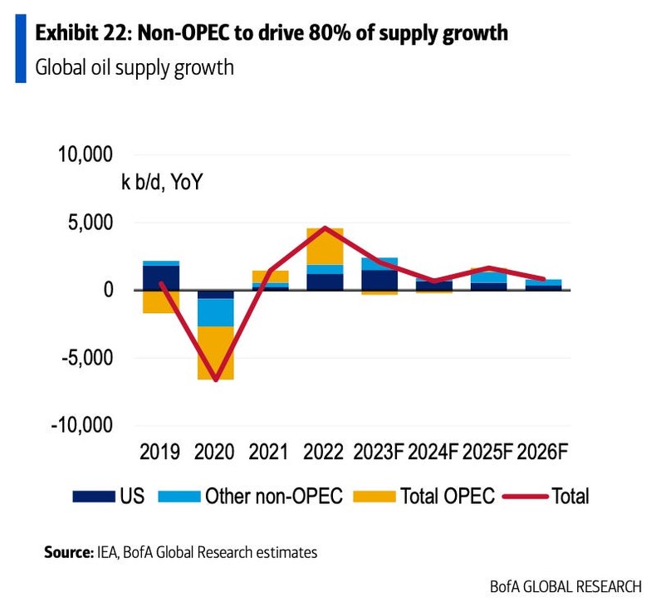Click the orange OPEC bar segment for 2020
click(215, 353)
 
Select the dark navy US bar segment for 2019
click(161, 277)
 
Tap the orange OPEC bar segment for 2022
click(325, 247)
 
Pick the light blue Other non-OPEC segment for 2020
click(215, 312)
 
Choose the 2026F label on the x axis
click(543, 453)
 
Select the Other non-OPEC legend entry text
click(274, 497)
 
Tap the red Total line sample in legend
click(525, 497)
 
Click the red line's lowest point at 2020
click(215, 380)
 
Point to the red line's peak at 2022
click(325, 228)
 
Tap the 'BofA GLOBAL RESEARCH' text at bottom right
click(565, 585)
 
